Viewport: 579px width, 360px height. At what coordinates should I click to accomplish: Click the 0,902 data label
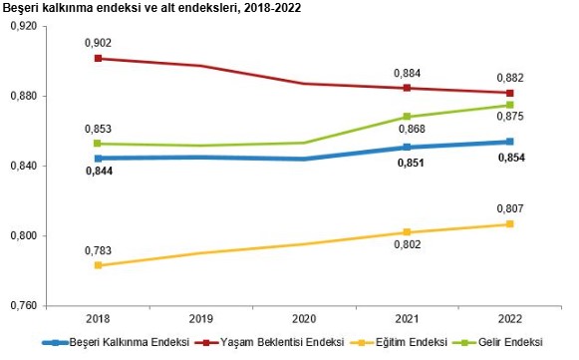pos(98,43)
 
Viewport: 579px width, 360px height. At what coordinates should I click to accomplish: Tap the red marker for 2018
pos(98,59)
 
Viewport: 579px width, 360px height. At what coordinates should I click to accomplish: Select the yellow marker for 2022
pos(509,224)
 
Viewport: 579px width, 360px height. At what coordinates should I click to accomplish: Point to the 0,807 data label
pos(509,208)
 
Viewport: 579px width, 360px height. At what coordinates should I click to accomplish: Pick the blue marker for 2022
pos(509,142)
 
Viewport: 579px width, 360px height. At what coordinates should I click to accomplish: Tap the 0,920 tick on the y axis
pos(21,26)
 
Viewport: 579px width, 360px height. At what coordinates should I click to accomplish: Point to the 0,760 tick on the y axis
pos(21,306)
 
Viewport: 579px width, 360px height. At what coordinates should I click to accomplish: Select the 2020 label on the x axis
pos(303,319)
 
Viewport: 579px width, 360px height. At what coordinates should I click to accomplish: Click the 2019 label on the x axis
pos(200,319)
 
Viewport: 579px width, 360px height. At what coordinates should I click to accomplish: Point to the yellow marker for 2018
pos(98,265)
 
